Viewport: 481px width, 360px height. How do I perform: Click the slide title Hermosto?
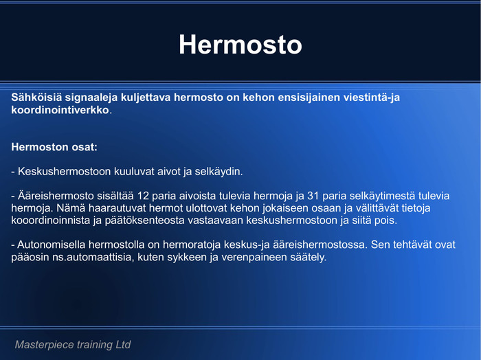click(x=240, y=45)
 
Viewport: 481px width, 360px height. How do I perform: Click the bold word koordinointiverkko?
click(x=60, y=111)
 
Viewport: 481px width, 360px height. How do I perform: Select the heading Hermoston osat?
click(x=54, y=147)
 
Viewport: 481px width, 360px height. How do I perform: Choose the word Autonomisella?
click(x=52, y=245)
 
